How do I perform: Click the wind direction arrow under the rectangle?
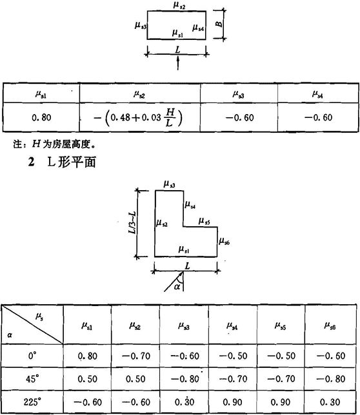coord(178,64)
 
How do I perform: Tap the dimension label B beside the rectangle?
coord(219,24)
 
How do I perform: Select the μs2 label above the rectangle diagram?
coord(179,5)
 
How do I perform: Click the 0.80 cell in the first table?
coord(41,117)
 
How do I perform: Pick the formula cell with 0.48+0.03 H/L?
coord(138,117)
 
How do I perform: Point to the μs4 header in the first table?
coord(317,94)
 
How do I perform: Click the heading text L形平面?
coord(72,162)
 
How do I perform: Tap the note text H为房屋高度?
coord(64,144)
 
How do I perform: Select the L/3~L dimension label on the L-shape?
coord(132,222)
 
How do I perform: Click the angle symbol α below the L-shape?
coord(177,286)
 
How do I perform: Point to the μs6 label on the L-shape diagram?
coord(224,241)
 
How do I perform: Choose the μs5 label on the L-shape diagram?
coord(205,221)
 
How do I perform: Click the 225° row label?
coord(32,402)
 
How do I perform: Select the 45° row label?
coord(32,379)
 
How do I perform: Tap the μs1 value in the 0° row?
coord(87,356)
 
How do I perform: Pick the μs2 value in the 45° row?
coord(135,379)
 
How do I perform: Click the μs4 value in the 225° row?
coord(232,402)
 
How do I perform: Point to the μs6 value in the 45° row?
coord(330,379)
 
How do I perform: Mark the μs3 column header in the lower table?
coord(184,326)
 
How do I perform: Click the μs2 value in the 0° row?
coord(136,356)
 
